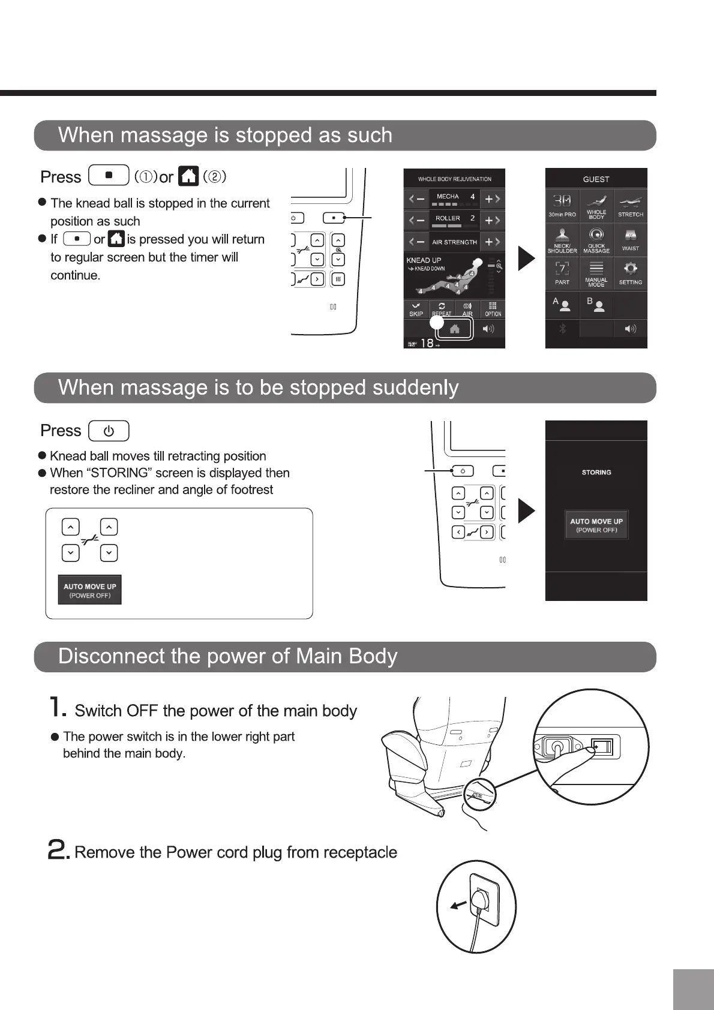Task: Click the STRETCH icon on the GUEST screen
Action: click(630, 205)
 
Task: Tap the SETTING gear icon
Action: click(630, 273)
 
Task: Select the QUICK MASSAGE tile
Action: click(596, 239)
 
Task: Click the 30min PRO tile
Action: click(562, 205)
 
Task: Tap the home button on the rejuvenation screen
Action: click(455, 329)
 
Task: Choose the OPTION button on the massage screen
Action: click(493, 309)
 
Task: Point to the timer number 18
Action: click(427, 343)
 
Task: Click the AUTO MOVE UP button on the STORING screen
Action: click(596, 525)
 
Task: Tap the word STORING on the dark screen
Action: click(596, 473)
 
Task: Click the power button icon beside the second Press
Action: click(109, 431)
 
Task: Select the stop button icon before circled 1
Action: click(109, 176)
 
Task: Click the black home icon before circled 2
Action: click(189, 176)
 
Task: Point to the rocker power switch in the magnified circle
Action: click(602, 747)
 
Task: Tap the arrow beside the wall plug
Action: click(458, 905)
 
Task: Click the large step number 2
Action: click(58, 850)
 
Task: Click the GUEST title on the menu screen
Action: click(596, 179)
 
